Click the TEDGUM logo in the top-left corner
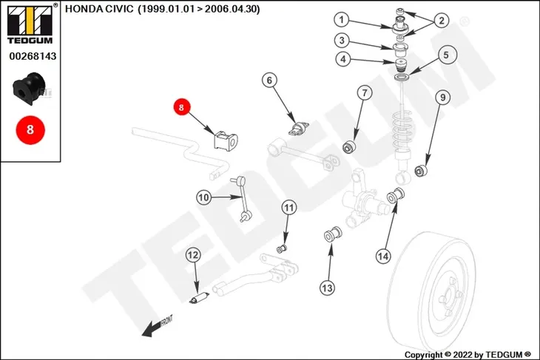(30, 24)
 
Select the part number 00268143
(33, 56)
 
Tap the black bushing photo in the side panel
(28, 89)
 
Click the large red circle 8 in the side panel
(30, 130)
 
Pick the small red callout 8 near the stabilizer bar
(181, 107)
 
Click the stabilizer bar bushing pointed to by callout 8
(226, 140)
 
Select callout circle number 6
(269, 80)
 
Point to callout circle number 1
(341, 20)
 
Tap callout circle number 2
(441, 21)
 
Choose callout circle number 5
(446, 55)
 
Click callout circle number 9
(443, 98)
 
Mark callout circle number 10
(203, 197)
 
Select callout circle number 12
(192, 255)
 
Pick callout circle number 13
(327, 288)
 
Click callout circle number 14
(383, 256)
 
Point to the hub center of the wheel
(448, 296)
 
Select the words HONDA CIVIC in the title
(99, 9)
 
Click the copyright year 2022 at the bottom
(462, 355)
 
